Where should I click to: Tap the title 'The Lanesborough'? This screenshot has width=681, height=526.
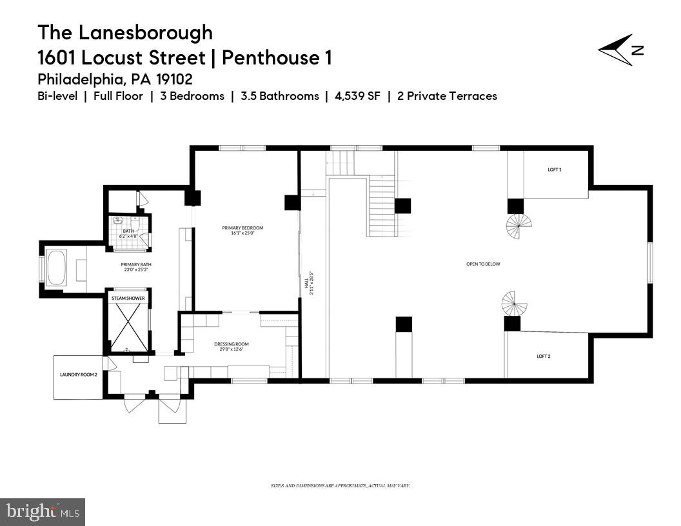click(x=125, y=32)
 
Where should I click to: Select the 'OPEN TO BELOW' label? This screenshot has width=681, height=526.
click(x=483, y=264)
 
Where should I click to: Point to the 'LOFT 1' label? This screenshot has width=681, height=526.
click(x=555, y=170)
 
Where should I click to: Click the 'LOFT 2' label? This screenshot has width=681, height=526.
click(x=544, y=356)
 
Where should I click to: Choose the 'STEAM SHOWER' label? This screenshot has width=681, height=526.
click(x=128, y=298)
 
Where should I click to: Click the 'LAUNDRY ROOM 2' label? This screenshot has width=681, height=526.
click(x=78, y=375)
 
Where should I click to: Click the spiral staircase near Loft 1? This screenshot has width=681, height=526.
click(x=518, y=226)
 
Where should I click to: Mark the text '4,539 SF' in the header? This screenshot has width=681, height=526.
click(x=357, y=96)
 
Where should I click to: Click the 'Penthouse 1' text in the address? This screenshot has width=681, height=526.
click(x=276, y=58)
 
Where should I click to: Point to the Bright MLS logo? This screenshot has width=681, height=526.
click(x=43, y=512)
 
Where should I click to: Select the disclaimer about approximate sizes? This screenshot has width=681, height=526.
click(x=340, y=485)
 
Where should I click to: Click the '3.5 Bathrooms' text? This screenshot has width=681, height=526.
click(x=279, y=96)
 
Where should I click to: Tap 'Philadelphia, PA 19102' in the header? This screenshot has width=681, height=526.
click(x=115, y=79)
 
